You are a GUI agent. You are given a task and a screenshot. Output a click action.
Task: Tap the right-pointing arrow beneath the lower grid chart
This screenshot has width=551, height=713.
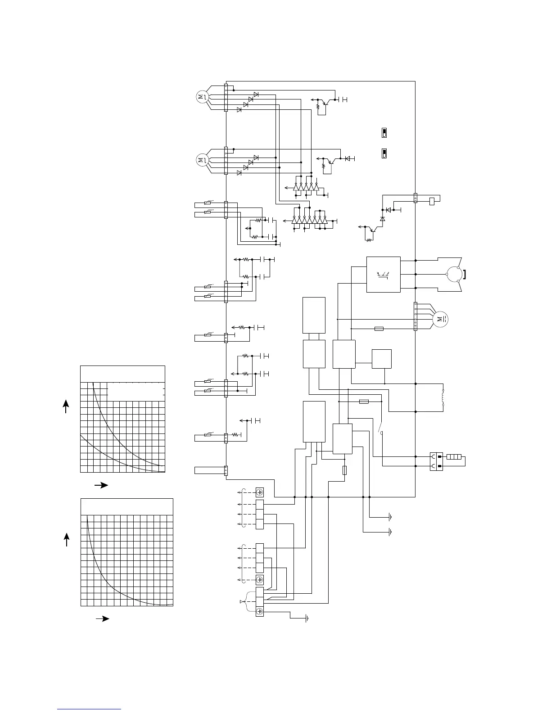tap(103, 618)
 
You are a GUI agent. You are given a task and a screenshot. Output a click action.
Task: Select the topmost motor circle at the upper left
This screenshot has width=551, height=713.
tap(201, 96)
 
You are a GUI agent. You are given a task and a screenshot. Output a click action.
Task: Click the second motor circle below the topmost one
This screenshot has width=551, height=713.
tap(201, 159)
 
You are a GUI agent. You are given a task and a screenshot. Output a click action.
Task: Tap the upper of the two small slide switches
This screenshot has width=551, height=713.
tap(384, 133)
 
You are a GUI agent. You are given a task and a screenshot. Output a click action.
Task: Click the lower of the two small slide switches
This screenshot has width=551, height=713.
tap(384, 153)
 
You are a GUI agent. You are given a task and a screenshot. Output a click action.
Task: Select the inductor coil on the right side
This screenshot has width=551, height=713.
tap(443, 397)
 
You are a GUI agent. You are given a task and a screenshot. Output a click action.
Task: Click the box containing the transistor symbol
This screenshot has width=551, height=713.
tap(383, 274)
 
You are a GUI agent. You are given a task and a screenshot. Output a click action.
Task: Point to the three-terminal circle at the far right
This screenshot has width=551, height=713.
tap(452, 274)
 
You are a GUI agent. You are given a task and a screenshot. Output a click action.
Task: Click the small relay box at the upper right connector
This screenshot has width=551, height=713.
tap(432, 201)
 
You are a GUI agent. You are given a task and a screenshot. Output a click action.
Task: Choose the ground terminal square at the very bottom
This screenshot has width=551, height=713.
tap(260, 612)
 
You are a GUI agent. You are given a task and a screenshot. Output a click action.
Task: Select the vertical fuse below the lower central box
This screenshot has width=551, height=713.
tap(345, 470)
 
